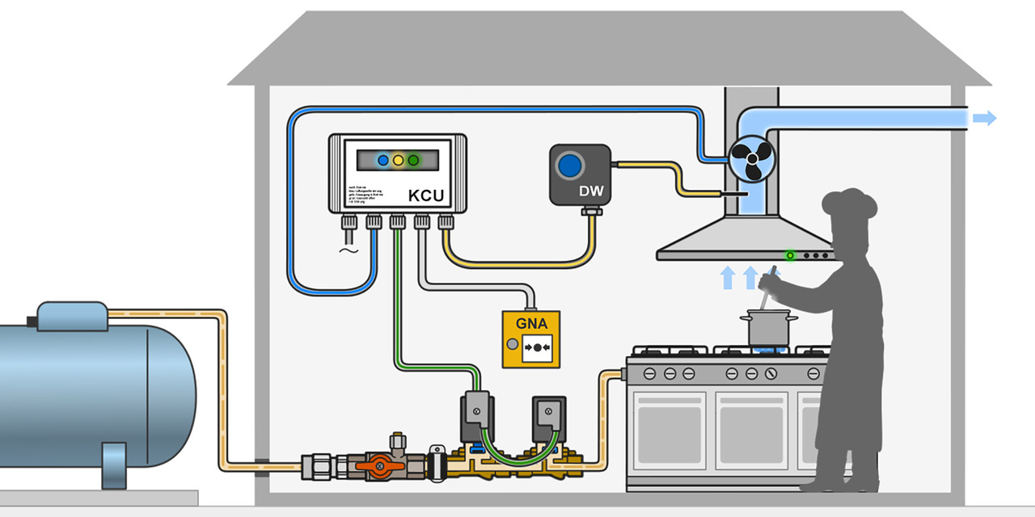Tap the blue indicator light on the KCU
pyautogui.click(x=383, y=160)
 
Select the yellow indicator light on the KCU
pyautogui.click(x=398, y=160)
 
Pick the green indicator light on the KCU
pyautogui.click(x=413, y=160)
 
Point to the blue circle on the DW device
pyautogui.click(x=572, y=165)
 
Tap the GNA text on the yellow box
pyautogui.click(x=531, y=324)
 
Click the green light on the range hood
pyautogui.click(x=790, y=255)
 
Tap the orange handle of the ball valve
pyautogui.click(x=378, y=467)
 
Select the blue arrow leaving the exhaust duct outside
pyautogui.click(x=984, y=119)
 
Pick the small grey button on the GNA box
pyautogui.click(x=511, y=346)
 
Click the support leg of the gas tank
pyautogui.click(x=113, y=465)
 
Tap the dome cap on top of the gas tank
pyautogui.click(x=72, y=315)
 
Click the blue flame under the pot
pyautogui.click(x=764, y=349)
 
